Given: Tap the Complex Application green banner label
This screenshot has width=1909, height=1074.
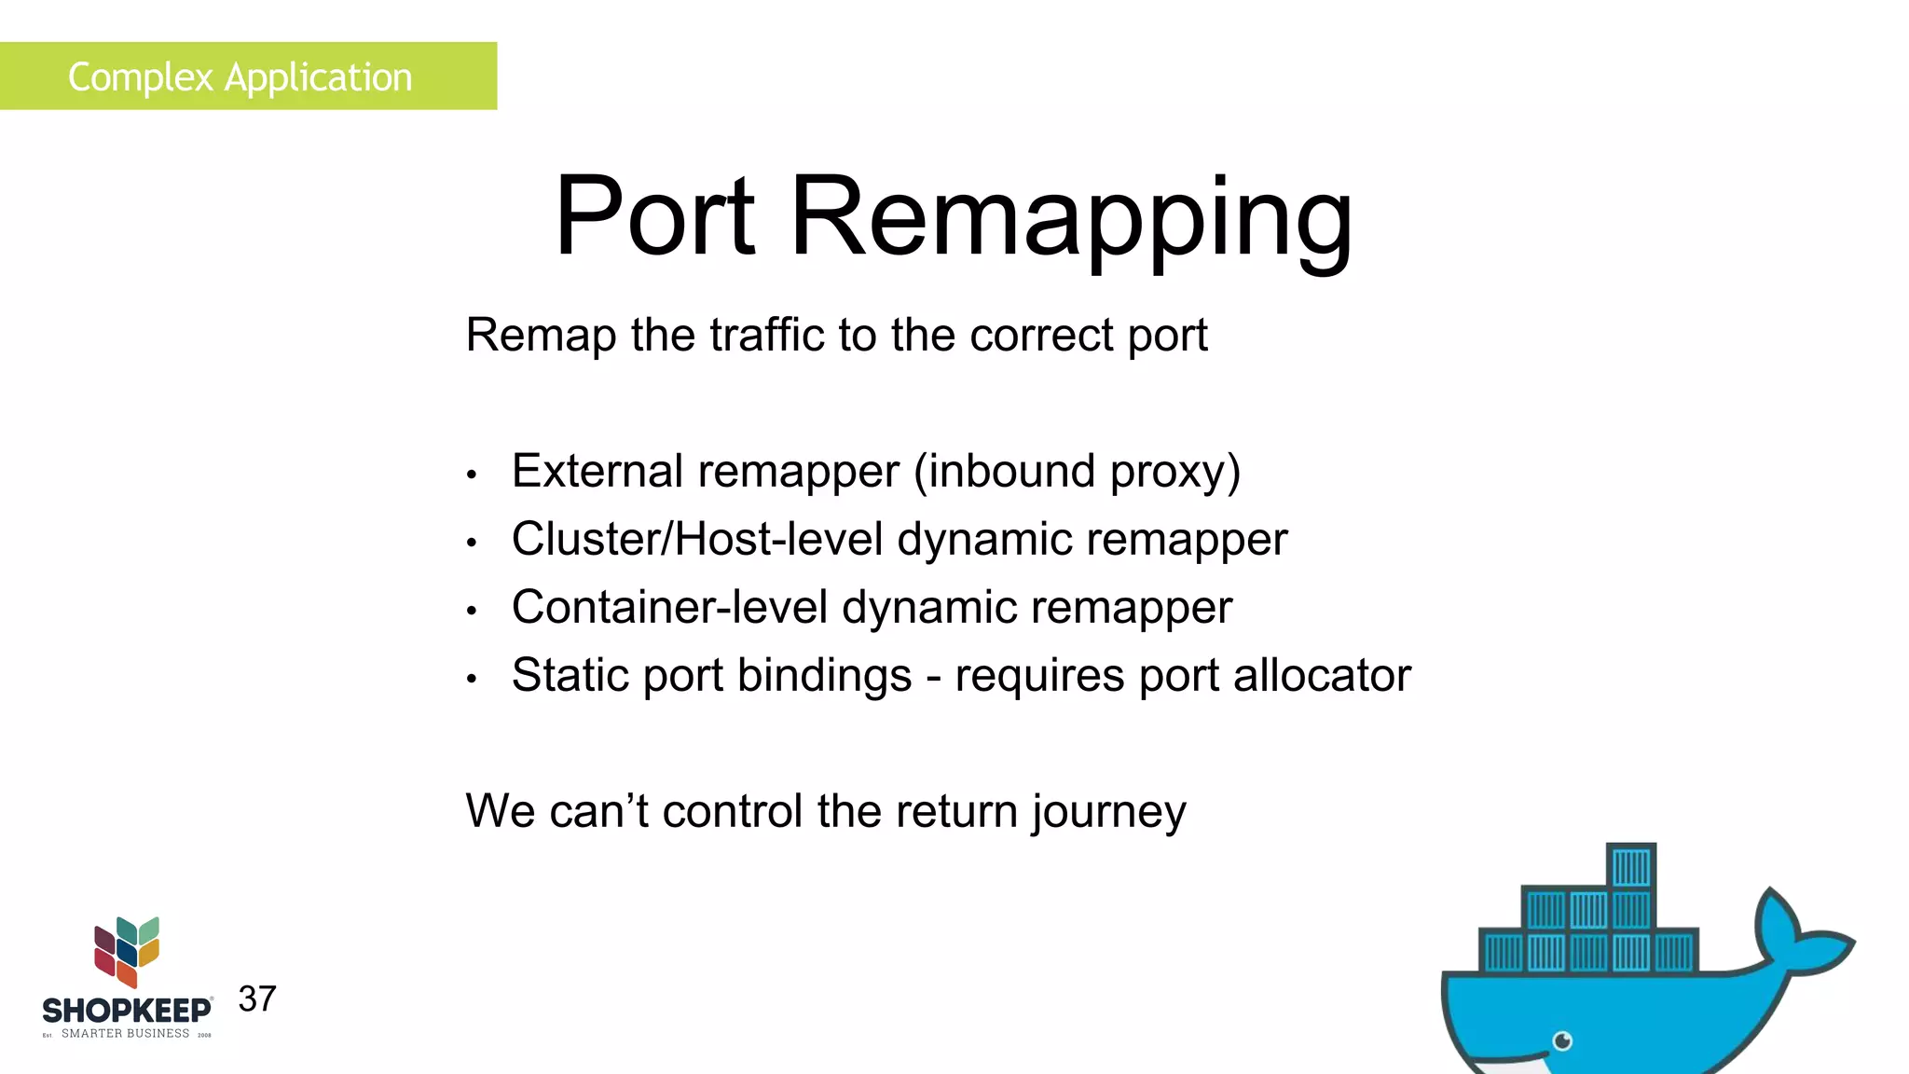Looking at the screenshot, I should tap(240, 76).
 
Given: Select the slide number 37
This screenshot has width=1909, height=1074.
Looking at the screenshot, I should tap(257, 998).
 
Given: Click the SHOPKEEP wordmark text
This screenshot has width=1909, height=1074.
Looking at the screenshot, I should tap(127, 1011).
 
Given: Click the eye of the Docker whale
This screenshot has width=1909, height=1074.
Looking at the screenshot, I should tap(1563, 1040).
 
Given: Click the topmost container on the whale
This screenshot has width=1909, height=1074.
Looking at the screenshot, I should tap(1631, 866).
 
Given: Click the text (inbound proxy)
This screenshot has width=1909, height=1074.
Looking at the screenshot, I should tap(1077, 471).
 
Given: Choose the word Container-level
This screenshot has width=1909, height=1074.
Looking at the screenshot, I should tap(669, 607).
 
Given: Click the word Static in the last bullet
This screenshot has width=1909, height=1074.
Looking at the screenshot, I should tap(570, 675).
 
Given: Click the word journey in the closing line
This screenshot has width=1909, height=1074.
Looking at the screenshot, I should tap(1108, 811).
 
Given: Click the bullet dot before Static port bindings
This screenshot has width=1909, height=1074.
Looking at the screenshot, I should tap(473, 679).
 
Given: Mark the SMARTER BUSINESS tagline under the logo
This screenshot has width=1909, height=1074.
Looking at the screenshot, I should tap(125, 1033).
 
